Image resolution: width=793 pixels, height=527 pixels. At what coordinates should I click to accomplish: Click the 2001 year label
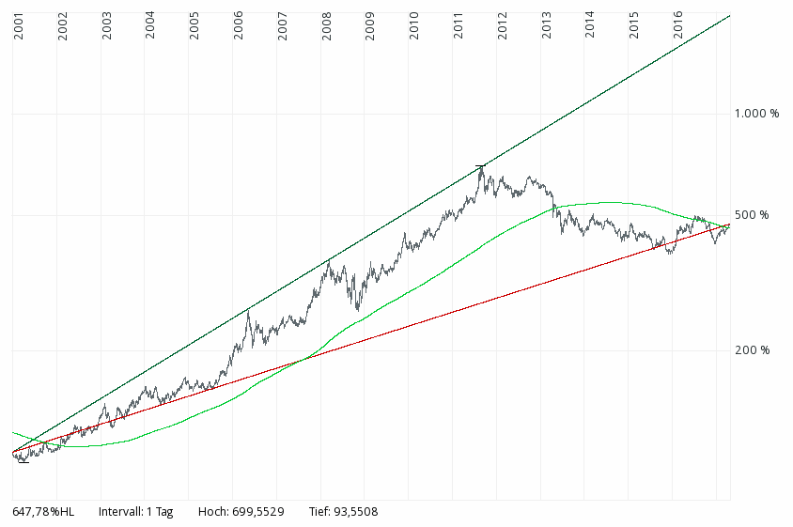[x=19, y=28]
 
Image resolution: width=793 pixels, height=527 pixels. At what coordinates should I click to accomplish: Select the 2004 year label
[x=150, y=28]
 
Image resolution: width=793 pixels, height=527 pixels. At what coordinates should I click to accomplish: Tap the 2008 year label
[x=326, y=28]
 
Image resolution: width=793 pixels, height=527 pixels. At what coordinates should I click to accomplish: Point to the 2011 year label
[x=459, y=28]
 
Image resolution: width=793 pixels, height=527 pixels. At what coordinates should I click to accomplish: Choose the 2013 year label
[x=547, y=28]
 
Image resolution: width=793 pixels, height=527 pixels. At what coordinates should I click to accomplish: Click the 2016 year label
[x=678, y=28]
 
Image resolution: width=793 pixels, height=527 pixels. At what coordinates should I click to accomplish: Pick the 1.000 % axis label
[x=756, y=114]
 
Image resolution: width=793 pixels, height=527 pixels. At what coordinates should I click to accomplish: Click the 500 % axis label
[x=752, y=215]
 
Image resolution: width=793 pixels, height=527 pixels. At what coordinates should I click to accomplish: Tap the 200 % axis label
[x=752, y=350]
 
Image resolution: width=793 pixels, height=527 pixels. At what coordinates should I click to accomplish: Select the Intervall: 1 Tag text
[x=135, y=512]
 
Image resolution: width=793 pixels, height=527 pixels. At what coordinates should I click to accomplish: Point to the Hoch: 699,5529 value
[x=240, y=512]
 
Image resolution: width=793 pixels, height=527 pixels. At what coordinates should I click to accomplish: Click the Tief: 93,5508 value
[x=343, y=512]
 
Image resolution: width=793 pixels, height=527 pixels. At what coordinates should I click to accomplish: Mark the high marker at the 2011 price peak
[x=481, y=166]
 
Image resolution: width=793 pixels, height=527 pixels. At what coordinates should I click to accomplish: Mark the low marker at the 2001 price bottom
[x=23, y=461]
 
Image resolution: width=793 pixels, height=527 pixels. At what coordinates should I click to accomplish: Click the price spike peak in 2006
[x=248, y=311]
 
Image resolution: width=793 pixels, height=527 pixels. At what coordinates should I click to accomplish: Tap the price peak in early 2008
[x=329, y=261]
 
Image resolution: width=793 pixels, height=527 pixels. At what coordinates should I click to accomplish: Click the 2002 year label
[x=63, y=28]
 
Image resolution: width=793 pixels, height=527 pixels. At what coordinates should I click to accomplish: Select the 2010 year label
[x=414, y=28]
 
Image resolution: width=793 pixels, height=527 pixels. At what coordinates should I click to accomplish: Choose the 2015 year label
[x=634, y=28]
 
